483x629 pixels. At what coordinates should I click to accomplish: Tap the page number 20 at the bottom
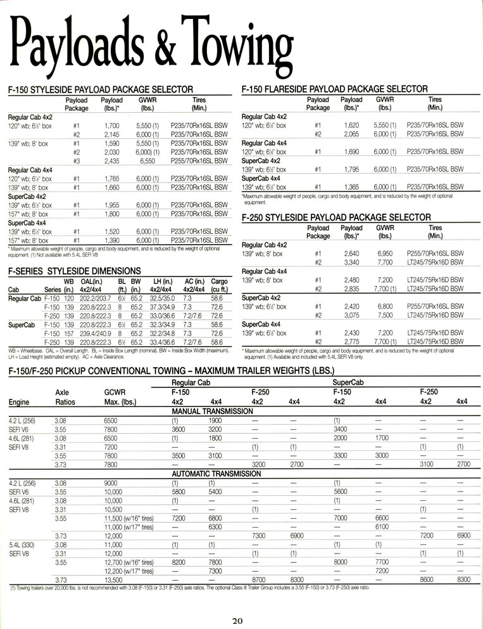tap(237, 620)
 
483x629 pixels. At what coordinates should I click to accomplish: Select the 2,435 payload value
tap(111, 162)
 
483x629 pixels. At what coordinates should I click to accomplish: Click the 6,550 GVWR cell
tap(150, 162)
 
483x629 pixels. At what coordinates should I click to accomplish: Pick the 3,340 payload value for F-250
tap(351, 262)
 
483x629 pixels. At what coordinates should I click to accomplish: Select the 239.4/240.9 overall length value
tap(96, 334)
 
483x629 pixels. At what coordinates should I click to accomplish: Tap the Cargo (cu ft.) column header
tap(220, 285)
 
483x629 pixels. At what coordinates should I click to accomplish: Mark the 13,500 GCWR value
tap(114, 580)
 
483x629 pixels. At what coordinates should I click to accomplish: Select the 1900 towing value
tap(215, 420)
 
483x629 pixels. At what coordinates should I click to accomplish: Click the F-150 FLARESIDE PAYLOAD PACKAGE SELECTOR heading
tap(334, 89)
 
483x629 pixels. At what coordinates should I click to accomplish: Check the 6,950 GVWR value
tap(386, 253)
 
